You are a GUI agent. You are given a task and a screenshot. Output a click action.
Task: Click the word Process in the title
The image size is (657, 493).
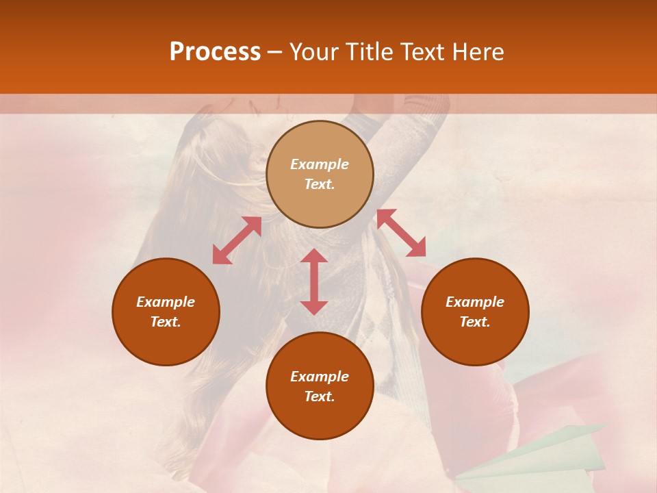point(215,52)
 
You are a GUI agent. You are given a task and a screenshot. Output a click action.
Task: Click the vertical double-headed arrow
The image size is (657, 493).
point(314,281)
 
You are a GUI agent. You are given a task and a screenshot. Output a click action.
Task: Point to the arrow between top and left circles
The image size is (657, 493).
point(237,240)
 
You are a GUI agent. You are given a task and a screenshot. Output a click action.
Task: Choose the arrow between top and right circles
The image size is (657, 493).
point(401,233)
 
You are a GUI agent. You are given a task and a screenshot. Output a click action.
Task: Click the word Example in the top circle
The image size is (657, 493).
point(320,164)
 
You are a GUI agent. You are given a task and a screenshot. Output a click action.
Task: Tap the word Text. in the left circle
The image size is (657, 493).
point(166,322)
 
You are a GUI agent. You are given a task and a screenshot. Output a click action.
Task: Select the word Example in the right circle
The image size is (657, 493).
point(475,302)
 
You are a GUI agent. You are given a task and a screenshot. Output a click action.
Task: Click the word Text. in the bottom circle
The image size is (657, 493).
point(320,396)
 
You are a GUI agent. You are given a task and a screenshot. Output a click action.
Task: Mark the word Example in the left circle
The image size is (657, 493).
point(166,302)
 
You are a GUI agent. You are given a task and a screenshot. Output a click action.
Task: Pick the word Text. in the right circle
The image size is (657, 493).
point(475,322)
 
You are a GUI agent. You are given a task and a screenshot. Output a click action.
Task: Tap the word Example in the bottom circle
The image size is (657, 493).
point(320,377)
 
